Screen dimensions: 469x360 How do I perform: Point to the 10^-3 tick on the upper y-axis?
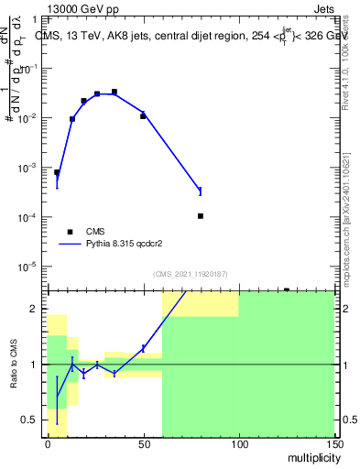[x=31, y=169]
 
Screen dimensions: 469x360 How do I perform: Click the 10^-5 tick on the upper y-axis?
[x=31, y=267]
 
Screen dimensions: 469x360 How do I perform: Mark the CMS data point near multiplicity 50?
[x=143, y=116]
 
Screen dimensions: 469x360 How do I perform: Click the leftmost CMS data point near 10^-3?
[x=57, y=172]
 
